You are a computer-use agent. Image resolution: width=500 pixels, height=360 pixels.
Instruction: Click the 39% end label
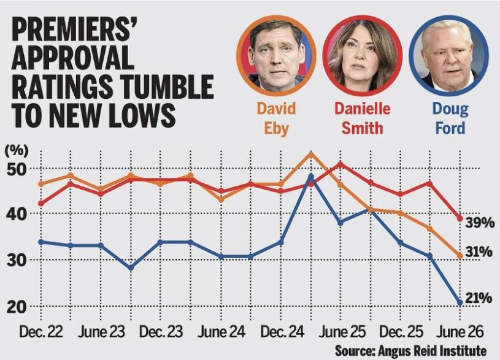coord(480,223)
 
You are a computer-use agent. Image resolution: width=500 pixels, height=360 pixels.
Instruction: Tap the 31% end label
coord(479,252)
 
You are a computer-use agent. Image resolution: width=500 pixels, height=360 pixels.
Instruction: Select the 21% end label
coord(479,298)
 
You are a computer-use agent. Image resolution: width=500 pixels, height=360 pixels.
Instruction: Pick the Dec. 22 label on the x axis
coord(41,332)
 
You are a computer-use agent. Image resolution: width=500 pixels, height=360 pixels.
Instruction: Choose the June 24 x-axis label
coord(221,332)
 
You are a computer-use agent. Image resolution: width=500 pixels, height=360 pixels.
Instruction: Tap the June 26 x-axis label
coord(460,332)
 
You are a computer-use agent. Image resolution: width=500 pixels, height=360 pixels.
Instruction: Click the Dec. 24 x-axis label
coord(282,332)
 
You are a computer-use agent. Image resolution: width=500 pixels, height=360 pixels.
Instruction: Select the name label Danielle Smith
coord(362,118)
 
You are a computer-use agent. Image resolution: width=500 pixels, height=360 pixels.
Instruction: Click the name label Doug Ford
coord(450,118)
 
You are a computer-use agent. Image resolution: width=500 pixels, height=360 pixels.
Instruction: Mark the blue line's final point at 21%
coord(460,302)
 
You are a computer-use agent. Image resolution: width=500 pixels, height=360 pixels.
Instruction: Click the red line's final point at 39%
coord(460,218)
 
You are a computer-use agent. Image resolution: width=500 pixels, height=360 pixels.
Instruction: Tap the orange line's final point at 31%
coord(460,256)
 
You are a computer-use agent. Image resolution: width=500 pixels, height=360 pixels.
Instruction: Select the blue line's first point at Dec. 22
coord(41,242)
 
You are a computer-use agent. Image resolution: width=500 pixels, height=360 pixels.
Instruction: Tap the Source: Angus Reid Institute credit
coord(410,351)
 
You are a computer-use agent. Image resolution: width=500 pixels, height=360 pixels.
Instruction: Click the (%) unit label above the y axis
coord(17,150)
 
